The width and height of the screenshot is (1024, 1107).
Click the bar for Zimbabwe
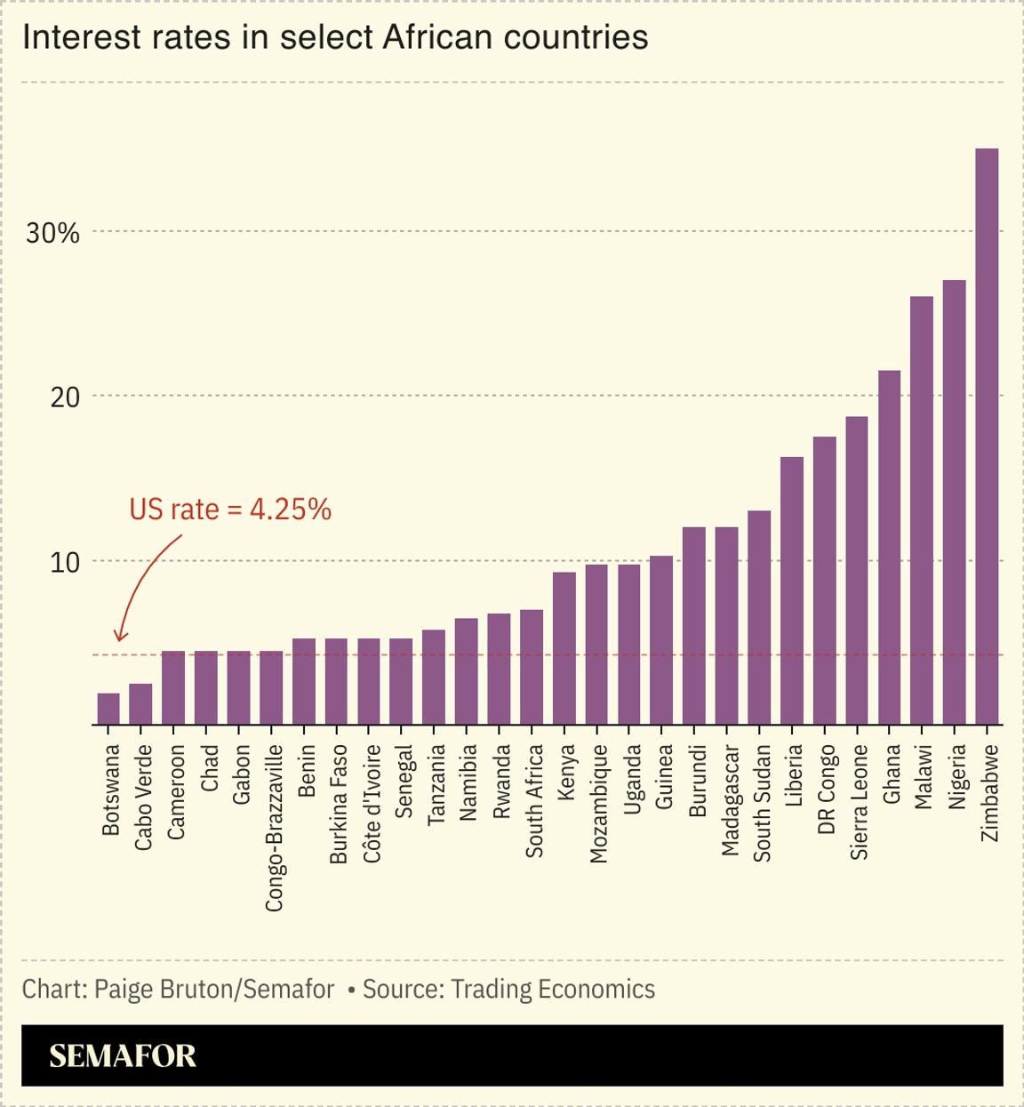pos(987,436)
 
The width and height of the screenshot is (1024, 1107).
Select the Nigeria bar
pos(954,502)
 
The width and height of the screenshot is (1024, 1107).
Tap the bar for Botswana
pos(108,709)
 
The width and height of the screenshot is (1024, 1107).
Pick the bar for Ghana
pos(889,547)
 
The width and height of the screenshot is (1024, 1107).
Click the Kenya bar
pos(564,648)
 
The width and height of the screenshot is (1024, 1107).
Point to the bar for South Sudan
pos(759,618)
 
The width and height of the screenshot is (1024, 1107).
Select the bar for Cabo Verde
pos(140,703)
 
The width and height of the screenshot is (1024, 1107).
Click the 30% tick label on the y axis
pos(52,233)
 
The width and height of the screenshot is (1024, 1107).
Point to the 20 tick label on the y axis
pos(64,397)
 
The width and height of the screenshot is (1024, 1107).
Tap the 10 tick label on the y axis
pos(64,563)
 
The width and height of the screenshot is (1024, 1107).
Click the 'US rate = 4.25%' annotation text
pos(230,509)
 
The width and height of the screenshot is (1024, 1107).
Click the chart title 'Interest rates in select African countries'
pos(335,37)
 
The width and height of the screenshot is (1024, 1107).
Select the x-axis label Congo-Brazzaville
pos(274,827)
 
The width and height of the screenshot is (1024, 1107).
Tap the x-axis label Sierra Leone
pos(859,801)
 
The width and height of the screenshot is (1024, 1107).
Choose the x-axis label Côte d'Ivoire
pos(372,803)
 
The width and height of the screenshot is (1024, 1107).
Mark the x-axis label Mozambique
pos(598,803)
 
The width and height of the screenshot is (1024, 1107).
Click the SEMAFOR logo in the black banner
pos(123,1055)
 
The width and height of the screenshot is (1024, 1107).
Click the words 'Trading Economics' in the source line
pos(552,990)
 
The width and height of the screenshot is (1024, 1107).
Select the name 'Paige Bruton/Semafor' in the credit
pos(213,990)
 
